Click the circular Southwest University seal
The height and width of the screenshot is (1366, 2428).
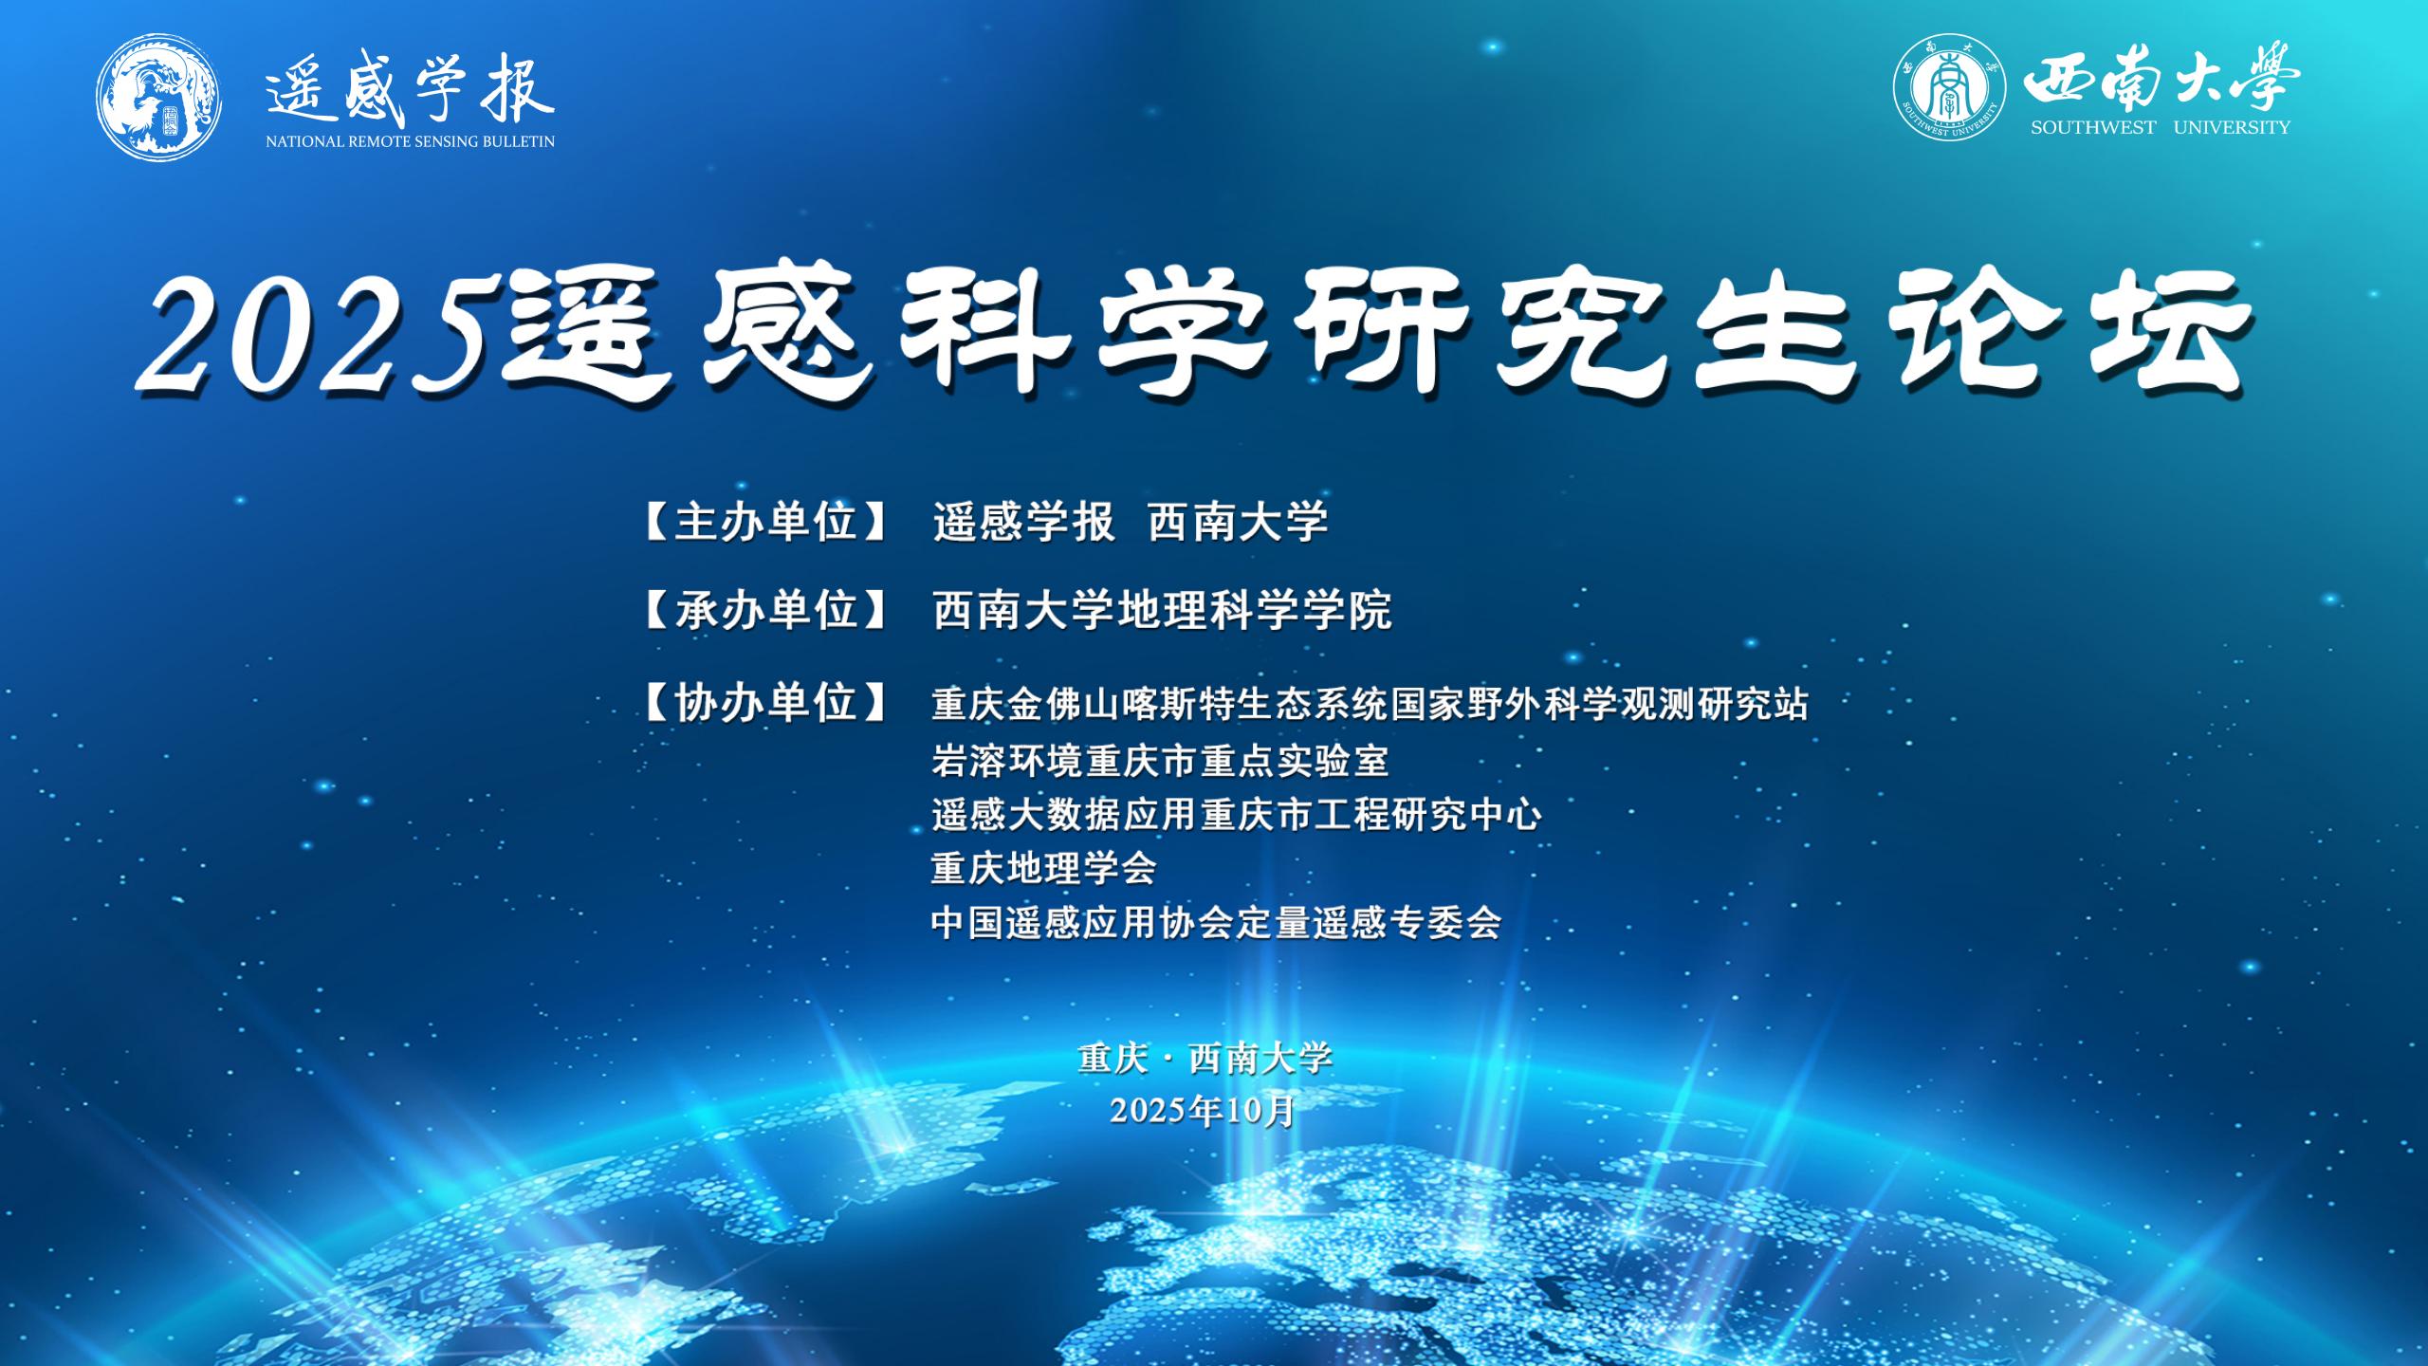pyautogui.click(x=1950, y=91)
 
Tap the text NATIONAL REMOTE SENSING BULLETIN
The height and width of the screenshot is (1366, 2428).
pyautogui.click(x=411, y=141)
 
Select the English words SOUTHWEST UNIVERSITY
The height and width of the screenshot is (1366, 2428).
pyautogui.click(x=2161, y=127)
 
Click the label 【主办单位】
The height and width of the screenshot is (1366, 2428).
pyautogui.click(x=765, y=523)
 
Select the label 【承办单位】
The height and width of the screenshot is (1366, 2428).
pyautogui.click(x=765, y=610)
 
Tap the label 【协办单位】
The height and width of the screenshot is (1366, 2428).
pyautogui.click(x=765, y=703)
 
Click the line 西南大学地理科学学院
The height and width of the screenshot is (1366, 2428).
pyautogui.click(x=1162, y=610)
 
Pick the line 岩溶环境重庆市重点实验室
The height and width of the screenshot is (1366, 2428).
pyautogui.click(x=1160, y=760)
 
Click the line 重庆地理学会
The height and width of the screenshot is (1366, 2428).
pyautogui.click(x=1044, y=868)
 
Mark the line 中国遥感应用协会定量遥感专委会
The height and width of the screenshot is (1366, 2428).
pyautogui.click(x=1217, y=922)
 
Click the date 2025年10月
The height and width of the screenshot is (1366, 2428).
pyautogui.click(x=1203, y=1110)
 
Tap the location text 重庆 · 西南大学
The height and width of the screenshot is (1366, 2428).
pyautogui.click(x=1205, y=1058)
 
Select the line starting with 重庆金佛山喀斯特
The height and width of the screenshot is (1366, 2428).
pyautogui.click(x=1370, y=705)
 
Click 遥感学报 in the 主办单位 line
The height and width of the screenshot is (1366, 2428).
pyautogui.click(x=1024, y=523)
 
